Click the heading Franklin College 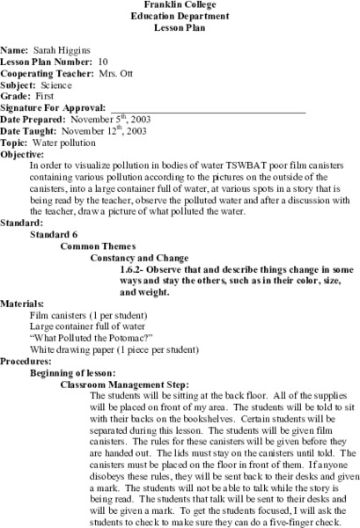coord(179,5)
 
